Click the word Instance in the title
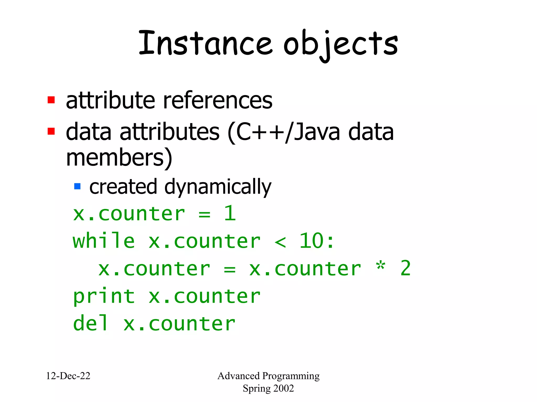pos(205,43)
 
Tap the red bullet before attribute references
pos(51,100)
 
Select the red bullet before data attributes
pos(51,131)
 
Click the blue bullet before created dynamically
pos(77,186)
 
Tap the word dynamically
pos(218,187)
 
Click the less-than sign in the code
pos(280,242)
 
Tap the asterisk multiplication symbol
pos(380,266)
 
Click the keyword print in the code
pos(104,297)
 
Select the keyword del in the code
pos(90,323)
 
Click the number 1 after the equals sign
pos(230,213)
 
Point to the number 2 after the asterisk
pos(405,268)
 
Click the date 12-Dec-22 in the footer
pos(68,376)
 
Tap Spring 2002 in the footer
pos(268,388)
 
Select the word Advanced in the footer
pos(238,376)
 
